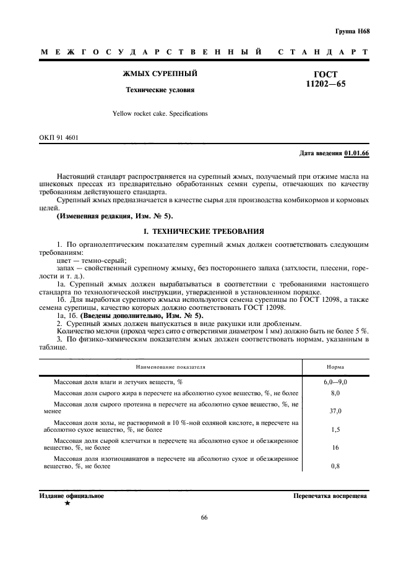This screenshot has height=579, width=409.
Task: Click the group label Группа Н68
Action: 352,30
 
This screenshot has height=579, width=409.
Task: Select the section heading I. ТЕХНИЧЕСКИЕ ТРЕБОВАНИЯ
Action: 204,231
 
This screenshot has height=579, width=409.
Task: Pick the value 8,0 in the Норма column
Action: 335,393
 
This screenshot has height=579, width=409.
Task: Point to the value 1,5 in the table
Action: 335,429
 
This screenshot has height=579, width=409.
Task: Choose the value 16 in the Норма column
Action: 335,447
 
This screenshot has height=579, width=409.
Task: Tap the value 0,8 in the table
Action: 335,466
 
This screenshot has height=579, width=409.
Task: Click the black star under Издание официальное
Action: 67,504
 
